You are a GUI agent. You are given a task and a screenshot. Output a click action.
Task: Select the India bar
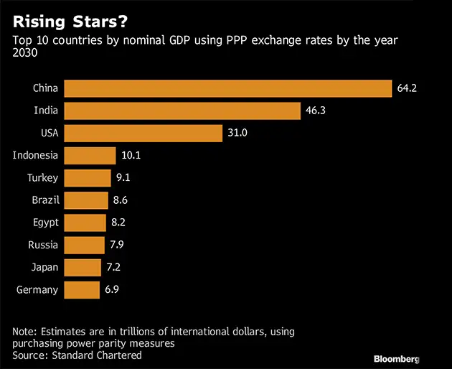pyautogui.click(x=182, y=111)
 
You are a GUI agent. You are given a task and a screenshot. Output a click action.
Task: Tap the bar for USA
pyautogui.click(x=143, y=134)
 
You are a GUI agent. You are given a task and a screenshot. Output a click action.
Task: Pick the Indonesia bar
pyautogui.click(x=90, y=156)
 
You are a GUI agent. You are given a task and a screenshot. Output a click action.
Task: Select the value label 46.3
pyautogui.click(x=315, y=111)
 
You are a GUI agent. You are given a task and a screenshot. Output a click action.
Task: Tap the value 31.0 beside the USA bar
pyautogui.click(x=237, y=134)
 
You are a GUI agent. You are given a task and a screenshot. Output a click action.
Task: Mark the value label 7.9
pyautogui.click(x=118, y=246)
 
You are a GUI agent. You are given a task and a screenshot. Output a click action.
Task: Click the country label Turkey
pyautogui.click(x=43, y=178)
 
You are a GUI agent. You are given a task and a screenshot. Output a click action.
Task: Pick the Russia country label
pyautogui.click(x=44, y=246)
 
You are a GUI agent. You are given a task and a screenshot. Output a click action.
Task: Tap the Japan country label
pyautogui.click(x=44, y=268)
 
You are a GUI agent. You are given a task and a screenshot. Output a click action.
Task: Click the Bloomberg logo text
pyautogui.click(x=395, y=358)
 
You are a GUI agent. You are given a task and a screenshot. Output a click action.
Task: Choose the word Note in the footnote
pyautogui.click(x=24, y=332)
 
